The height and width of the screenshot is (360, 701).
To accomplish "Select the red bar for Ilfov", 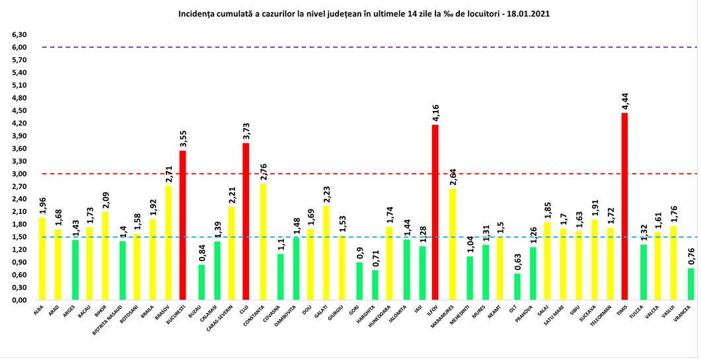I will click(435, 212).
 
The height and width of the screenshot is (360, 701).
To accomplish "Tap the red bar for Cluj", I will click(246, 221).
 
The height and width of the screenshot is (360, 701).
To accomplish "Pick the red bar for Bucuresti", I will click(183, 225).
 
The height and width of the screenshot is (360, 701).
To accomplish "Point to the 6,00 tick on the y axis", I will click(18, 48).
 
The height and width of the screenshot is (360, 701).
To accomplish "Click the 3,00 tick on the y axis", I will click(18, 174).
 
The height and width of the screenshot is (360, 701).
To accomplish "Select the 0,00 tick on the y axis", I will click(18, 300).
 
